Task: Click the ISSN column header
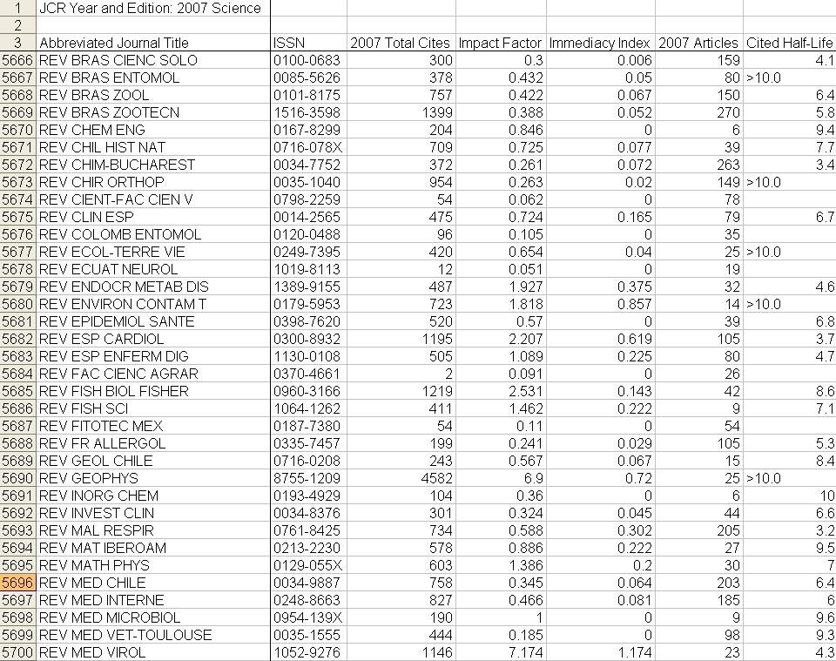coord(289,43)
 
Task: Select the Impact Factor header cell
coord(500,43)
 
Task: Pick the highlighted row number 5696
coord(17,583)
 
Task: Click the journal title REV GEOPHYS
coord(89,478)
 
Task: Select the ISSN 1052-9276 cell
coord(307,652)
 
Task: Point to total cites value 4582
coord(435,478)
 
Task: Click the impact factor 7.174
coord(524,652)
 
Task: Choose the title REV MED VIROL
coord(92,652)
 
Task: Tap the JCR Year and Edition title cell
coord(150,8)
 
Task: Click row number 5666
coord(17,60)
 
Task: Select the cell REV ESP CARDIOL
coord(101,339)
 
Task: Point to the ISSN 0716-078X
coord(307,147)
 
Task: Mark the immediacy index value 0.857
coord(632,304)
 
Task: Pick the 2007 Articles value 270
coord(727,112)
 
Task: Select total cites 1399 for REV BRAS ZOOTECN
coord(435,112)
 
